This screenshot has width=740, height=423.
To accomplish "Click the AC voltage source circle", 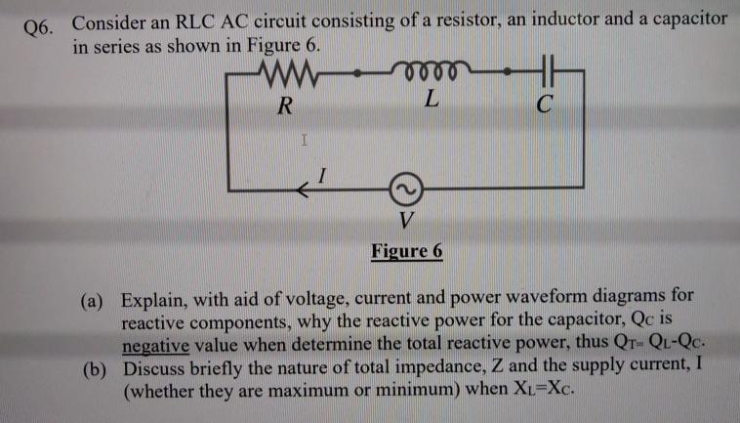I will (x=407, y=184).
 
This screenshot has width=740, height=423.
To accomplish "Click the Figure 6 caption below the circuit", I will (x=407, y=250).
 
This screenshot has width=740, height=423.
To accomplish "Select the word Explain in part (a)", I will (x=161, y=297).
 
